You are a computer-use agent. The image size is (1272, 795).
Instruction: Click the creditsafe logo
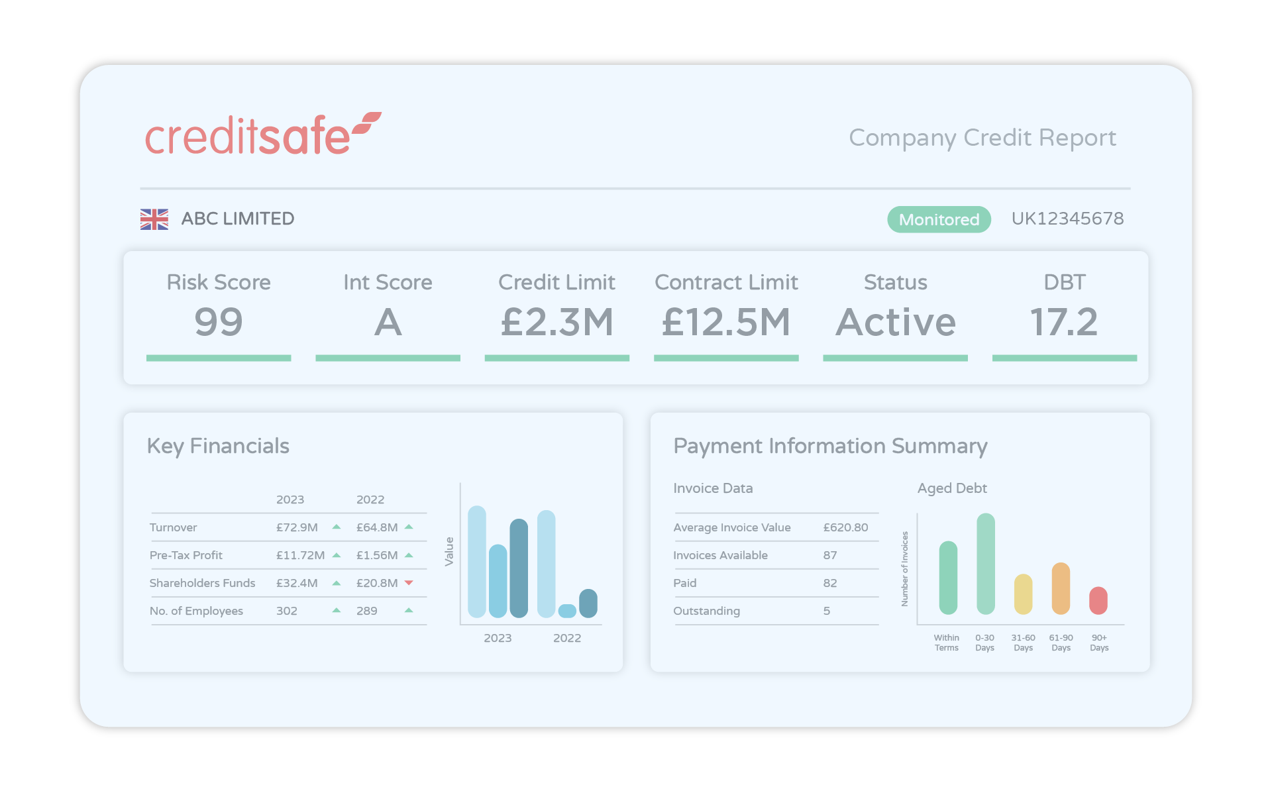(263, 134)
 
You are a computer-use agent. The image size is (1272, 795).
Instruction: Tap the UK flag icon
(154, 219)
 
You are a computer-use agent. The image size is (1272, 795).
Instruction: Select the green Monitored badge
(939, 219)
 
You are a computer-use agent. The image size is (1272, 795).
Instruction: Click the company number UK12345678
(1067, 219)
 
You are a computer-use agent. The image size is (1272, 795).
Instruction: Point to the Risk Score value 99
(219, 322)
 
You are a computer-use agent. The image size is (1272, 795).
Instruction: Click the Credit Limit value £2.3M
(557, 322)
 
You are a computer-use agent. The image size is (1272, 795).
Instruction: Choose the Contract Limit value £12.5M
(726, 322)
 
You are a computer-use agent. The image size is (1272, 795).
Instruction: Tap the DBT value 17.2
(1064, 322)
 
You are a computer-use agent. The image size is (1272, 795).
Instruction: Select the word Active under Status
(896, 322)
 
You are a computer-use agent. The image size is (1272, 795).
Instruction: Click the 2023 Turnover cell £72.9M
(297, 527)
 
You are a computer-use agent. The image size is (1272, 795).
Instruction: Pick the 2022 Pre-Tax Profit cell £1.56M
(377, 555)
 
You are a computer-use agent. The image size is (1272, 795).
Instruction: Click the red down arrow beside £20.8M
(409, 583)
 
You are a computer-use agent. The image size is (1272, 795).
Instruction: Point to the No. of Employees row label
(196, 611)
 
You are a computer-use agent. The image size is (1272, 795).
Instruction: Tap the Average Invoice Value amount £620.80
(845, 527)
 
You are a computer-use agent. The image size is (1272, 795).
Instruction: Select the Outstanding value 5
(827, 611)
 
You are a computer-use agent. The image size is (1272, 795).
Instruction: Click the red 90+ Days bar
(1098, 600)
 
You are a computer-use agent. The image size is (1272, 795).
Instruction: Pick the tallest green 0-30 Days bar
(986, 564)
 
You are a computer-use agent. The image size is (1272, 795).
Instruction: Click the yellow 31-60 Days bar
(1024, 594)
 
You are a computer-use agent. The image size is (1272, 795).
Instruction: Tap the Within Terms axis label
(947, 643)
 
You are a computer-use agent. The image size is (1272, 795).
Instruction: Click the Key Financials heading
(218, 447)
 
